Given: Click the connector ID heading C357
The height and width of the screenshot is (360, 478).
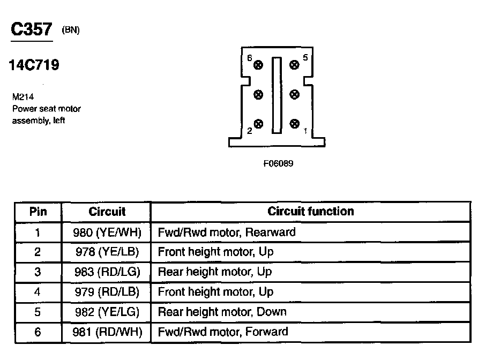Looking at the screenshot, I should [32, 29].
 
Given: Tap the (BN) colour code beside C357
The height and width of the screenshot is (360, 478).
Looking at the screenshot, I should [71, 31].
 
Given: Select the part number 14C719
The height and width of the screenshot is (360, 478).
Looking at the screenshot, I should [34, 65].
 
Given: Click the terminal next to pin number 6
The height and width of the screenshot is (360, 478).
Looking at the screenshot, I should [259, 65].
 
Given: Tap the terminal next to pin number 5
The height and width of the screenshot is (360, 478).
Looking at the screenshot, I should [294, 65].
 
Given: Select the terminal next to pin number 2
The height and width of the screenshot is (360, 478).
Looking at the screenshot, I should [259, 124].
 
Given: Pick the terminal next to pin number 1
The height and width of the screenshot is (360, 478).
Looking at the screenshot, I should [294, 124].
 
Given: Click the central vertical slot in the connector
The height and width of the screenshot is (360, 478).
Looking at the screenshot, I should [276, 95].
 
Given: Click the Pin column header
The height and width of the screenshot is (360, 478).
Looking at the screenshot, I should [38, 212].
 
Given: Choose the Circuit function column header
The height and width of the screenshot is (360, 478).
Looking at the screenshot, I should [311, 212].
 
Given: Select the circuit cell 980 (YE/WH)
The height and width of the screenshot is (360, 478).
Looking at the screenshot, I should [107, 232].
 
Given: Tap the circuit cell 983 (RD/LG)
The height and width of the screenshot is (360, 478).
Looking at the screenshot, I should [107, 272].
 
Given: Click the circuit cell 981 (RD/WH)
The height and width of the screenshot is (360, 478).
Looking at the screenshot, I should [107, 332].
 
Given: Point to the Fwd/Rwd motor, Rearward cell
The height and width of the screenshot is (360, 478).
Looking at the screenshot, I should [226, 232].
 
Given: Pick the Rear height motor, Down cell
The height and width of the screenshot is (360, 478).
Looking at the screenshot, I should [222, 312].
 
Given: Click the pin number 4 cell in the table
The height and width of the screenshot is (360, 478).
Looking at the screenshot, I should [38, 292].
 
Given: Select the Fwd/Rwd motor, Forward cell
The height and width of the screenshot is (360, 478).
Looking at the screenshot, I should [223, 332].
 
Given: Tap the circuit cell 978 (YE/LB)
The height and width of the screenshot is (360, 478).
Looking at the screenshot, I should [107, 252].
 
